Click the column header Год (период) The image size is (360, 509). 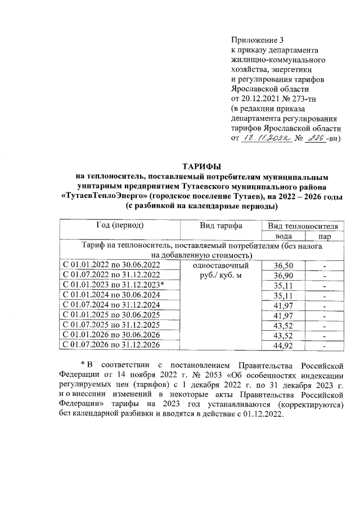click(x=119, y=226)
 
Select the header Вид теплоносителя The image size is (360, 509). click(x=303, y=226)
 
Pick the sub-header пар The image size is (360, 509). click(x=325, y=237)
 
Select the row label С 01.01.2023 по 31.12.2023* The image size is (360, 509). click(x=114, y=285)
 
